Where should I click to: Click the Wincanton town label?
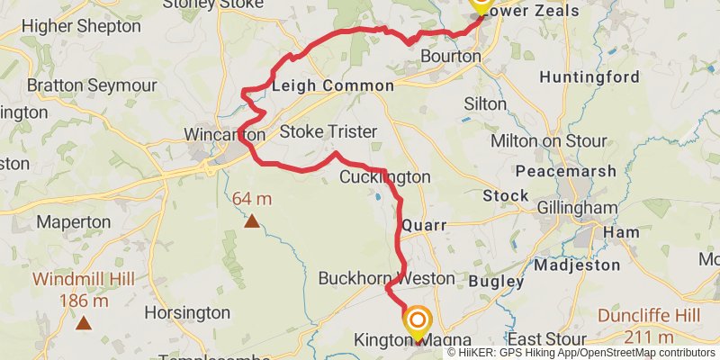click(x=224, y=134)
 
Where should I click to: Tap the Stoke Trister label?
click(x=328, y=132)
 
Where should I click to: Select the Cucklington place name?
click(x=384, y=177)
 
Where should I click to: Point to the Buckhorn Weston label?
click(x=386, y=278)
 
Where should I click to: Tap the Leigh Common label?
click(x=332, y=85)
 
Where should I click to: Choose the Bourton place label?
click(x=451, y=56)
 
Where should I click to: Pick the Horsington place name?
click(x=187, y=312)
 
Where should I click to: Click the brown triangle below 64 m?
click(x=252, y=220)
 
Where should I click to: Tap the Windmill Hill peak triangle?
click(x=84, y=322)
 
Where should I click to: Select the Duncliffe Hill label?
click(x=635, y=317)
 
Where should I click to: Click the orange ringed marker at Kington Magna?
click(x=418, y=319)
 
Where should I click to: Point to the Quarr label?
click(x=424, y=225)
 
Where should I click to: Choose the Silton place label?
click(x=485, y=103)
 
